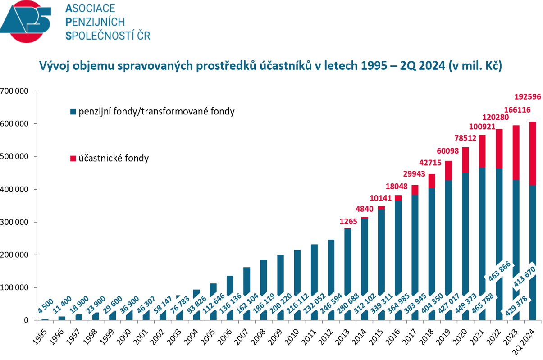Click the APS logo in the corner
point(25,22)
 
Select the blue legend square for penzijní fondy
point(73,111)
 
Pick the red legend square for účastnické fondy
point(73,159)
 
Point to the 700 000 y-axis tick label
point(15,91)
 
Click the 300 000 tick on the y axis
point(15,222)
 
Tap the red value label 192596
point(528,96)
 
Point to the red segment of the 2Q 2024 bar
point(533,153)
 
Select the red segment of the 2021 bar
point(483,151)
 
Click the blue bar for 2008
point(264,279)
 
